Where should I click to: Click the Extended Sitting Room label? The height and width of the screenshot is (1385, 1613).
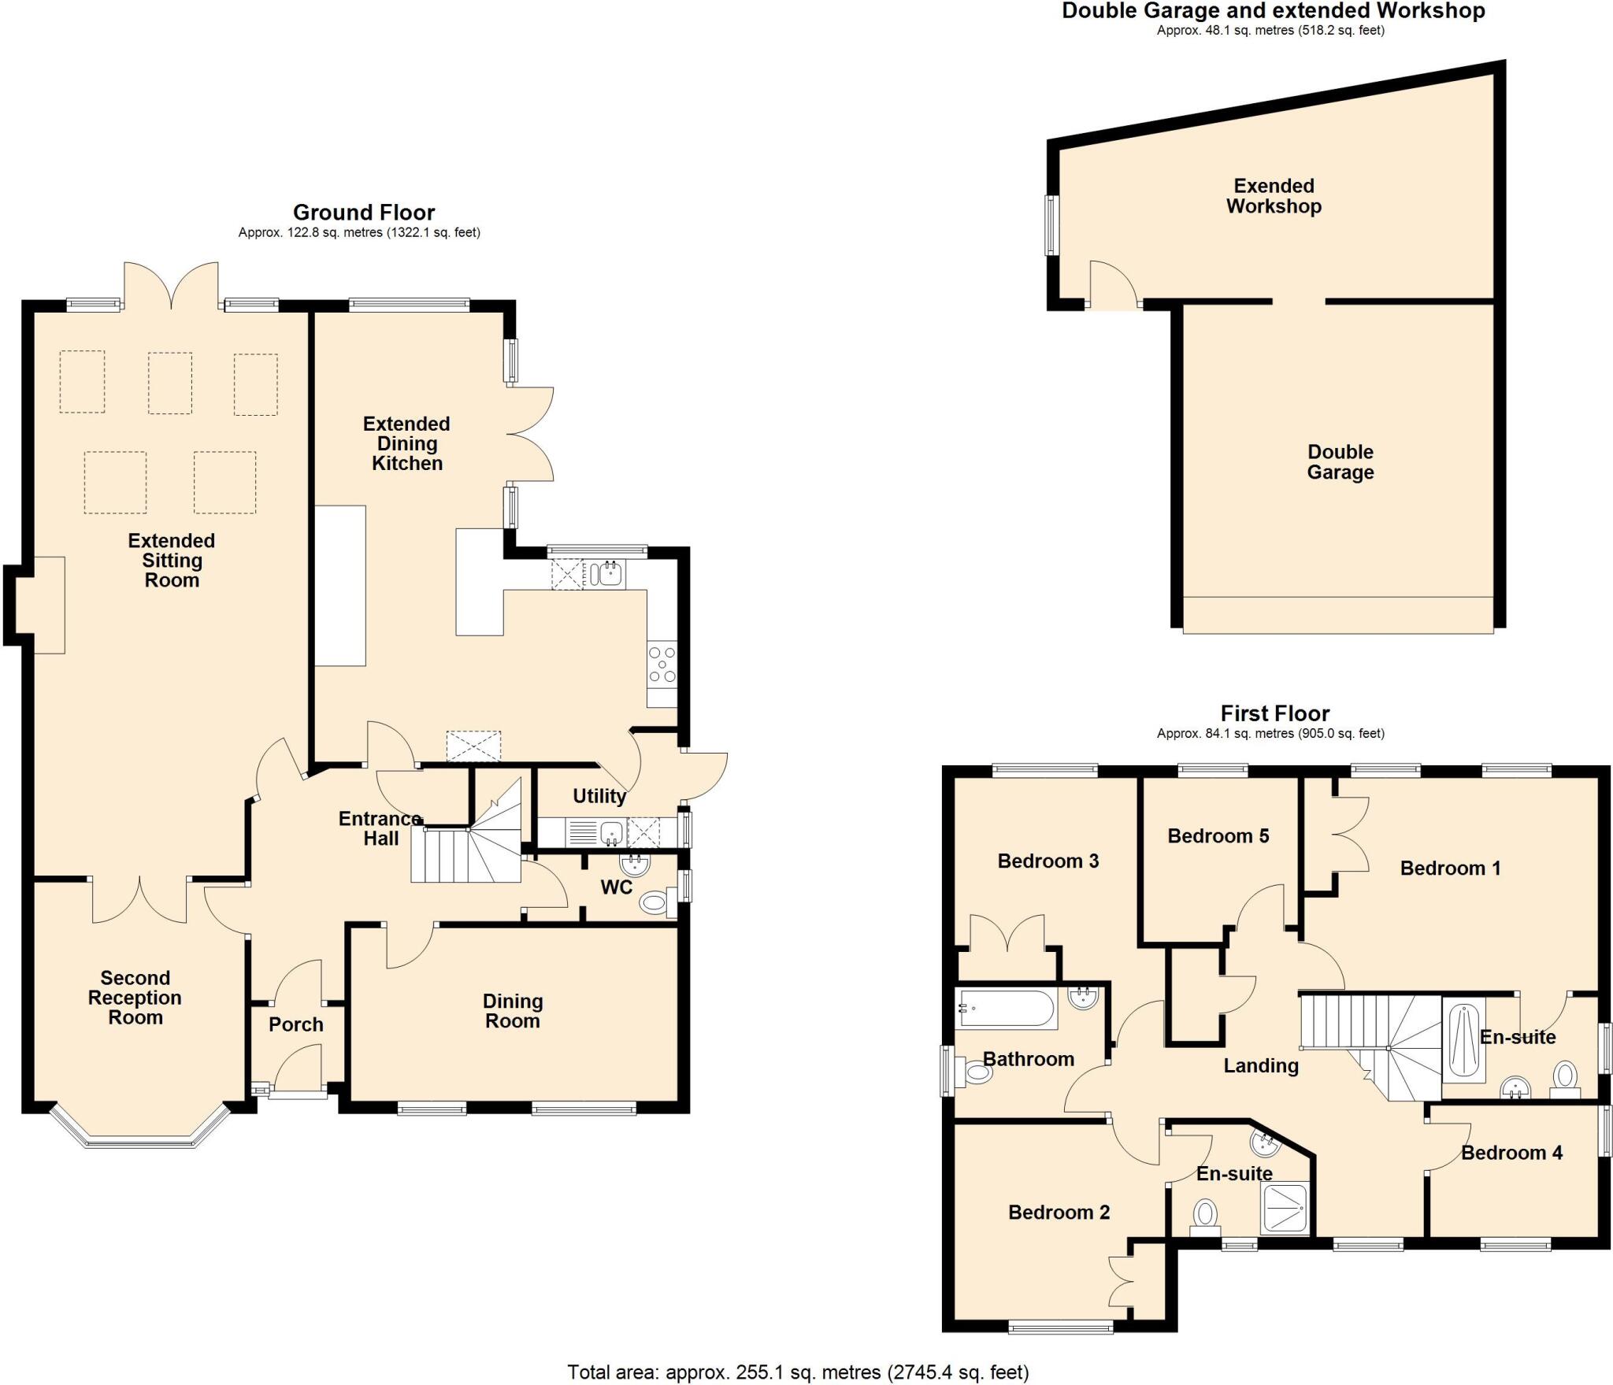pyautogui.click(x=172, y=561)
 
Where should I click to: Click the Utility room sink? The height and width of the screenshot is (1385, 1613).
pyautogui.click(x=610, y=831)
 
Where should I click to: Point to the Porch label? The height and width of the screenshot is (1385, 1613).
pyautogui.click(x=296, y=1024)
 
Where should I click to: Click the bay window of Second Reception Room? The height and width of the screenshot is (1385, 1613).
pyautogui.click(x=139, y=1138)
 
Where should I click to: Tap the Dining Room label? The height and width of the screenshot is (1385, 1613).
pyautogui.click(x=513, y=1011)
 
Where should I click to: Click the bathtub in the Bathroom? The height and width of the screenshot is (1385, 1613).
pyautogui.click(x=1006, y=1009)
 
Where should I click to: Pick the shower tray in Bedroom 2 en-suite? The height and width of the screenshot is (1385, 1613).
pyautogui.click(x=1287, y=1208)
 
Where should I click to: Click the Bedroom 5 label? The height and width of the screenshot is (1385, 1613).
pyautogui.click(x=1218, y=835)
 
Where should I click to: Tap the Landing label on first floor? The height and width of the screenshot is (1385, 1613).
pyautogui.click(x=1260, y=1065)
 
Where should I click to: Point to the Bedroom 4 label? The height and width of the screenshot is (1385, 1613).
pyautogui.click(x=1511, y=1153)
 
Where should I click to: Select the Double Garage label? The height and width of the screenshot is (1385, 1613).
pyautogui.click(x=1340, y=462)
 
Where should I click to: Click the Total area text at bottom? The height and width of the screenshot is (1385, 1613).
pyautogui.click(x=798, y=1372)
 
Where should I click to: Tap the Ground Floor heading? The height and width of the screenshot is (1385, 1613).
pyautogui.click(x=364, y=213)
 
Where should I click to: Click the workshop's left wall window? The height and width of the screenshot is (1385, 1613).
pyautogui.click(x=1051, y=225)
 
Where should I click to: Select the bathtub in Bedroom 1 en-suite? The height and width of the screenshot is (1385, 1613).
pyautogui.click(x=1463, y=1039)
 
